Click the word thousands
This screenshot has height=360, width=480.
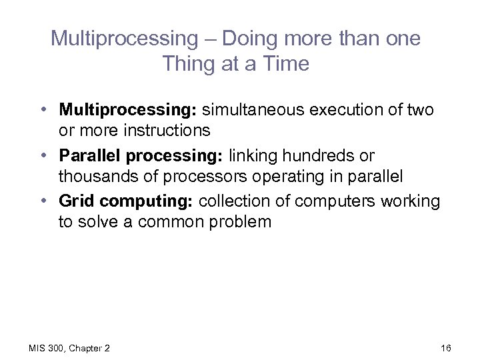(x=98, y=176)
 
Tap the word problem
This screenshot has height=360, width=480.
(x=239, y=221)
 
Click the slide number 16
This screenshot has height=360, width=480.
(x=446, y=348)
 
